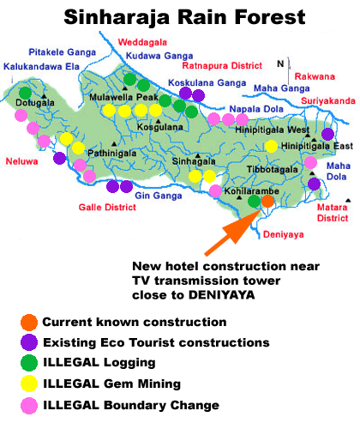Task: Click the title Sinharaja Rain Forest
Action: click(179, 17)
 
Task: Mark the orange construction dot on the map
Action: click(267, 201)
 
